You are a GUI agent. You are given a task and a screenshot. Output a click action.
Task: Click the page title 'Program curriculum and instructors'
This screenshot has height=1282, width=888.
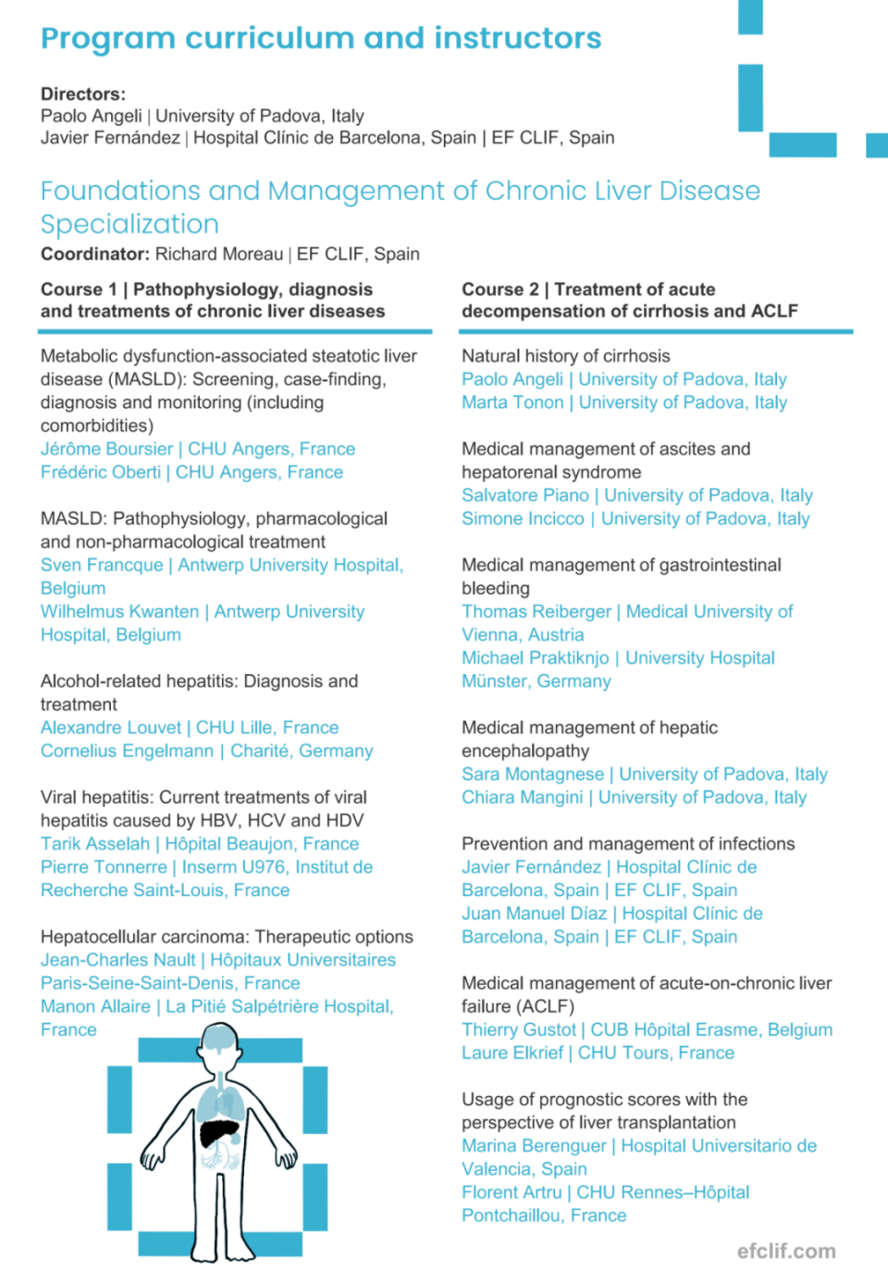[320, 38]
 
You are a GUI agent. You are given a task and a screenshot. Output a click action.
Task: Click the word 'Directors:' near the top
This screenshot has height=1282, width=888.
[83, 94]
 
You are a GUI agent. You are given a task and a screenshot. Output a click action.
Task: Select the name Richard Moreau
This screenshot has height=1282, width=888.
[219, 254]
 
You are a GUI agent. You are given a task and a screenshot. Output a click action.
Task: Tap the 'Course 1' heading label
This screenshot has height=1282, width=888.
[79, 290]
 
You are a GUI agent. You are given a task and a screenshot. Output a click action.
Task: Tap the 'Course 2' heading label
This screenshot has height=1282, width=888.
[499, 290]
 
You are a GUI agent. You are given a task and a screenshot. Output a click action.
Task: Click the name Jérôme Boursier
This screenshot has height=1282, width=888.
[106, 450]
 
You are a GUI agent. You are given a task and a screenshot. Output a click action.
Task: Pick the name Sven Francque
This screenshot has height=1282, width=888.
[102, 565]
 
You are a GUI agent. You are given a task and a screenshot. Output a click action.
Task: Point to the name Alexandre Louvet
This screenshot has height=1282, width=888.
[111, 728]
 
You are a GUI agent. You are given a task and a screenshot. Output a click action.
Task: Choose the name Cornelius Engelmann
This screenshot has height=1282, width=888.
[127, 751]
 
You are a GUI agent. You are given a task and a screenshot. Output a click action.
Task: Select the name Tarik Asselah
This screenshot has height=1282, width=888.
[94, 844]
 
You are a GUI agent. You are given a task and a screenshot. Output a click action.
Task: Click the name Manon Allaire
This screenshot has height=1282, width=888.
[95, 1006]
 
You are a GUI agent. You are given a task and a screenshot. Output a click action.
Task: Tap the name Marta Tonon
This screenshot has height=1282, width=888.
[512, 402]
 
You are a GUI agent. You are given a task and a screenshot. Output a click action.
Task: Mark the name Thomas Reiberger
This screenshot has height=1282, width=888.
[536, 611]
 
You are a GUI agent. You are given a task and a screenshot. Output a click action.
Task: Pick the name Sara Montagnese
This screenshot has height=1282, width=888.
[532, 774]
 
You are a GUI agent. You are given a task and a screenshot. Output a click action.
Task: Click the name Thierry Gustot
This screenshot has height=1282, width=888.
[519, 1029]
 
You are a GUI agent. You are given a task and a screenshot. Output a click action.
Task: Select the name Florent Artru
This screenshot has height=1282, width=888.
[512, 1192]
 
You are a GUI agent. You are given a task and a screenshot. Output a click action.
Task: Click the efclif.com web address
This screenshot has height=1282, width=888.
[786, 1251]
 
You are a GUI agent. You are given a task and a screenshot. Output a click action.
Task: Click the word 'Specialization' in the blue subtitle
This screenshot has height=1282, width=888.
[129, 225]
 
